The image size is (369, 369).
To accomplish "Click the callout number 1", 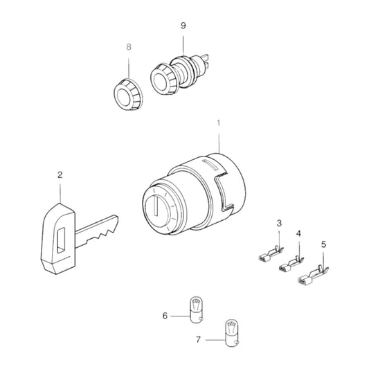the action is point(219,123).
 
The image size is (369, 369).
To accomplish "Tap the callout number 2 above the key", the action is point(60,175).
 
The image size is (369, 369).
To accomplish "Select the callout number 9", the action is point(183,26).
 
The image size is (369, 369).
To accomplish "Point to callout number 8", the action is point(129,47).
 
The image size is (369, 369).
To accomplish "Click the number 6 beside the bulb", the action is point(165,316).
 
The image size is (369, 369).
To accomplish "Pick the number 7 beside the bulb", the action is point(199,340).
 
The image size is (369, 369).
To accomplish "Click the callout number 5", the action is point(324,244).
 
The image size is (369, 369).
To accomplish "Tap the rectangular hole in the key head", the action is point(61,240).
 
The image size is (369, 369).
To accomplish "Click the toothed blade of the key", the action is point(96,231).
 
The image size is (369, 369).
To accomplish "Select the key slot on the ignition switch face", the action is point(156,206).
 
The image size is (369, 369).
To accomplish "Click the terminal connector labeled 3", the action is point(271,254).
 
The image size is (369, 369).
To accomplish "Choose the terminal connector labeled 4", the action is point(291,264).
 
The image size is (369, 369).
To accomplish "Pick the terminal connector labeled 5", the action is point(313,276).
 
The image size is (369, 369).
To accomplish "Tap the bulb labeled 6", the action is point(196,309).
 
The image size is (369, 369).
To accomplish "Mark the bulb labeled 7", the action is point(232,333).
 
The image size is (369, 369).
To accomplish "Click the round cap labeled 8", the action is point(128,95).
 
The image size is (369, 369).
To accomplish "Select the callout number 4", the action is point(298,234).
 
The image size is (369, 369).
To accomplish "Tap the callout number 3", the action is point(279,223).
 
